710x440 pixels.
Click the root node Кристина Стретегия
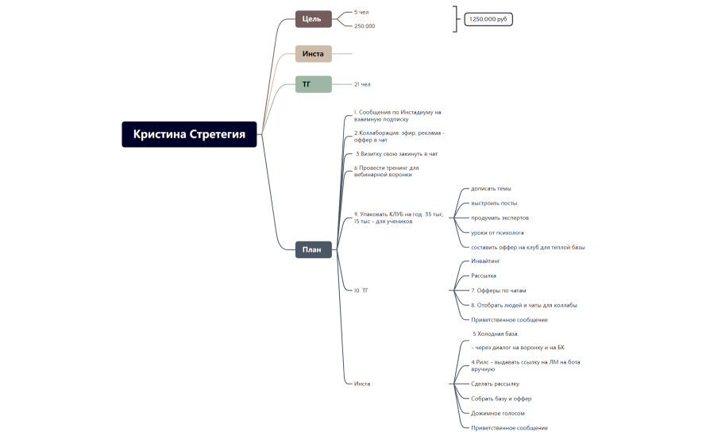coord(189,134)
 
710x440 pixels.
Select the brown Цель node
coord(314,19)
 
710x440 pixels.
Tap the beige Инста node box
coord(314,53)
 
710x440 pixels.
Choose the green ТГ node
coord(314,84)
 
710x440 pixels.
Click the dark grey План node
coord(314,249)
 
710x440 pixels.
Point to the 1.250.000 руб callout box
coord(488,19)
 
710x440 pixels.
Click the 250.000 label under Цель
coord(365,26)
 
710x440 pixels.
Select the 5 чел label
coord(361,12)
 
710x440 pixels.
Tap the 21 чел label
coord(362,84)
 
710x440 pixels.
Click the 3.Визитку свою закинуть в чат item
coord(396,154)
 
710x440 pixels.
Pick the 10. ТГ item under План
coord(361,291)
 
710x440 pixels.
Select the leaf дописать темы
coord(491,189)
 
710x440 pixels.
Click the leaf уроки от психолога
coord(497,233)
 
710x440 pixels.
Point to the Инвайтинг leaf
coord(485,261)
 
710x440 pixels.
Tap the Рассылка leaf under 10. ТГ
coord(484,276)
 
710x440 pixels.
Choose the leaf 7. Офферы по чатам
coord(499,291)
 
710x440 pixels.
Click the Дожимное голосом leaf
coord(498,413)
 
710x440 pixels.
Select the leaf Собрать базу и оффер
coord(501,399)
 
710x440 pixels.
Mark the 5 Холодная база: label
coord(496,334)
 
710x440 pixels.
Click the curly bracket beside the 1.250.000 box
coord(456,19)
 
